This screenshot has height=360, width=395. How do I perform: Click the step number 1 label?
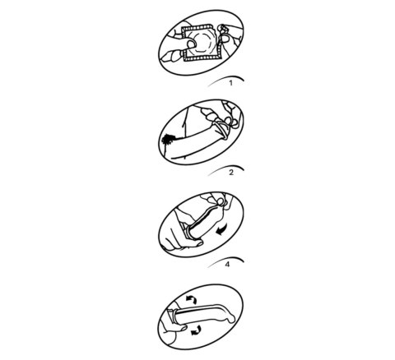[x=230, y=83]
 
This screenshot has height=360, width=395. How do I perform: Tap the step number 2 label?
[x=231, y=173]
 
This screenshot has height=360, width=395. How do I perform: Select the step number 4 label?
[x=227, y=265]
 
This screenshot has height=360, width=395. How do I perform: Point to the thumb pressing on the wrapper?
[x=191, y=44]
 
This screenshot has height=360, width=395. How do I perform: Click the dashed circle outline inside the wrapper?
[x=203, y=42]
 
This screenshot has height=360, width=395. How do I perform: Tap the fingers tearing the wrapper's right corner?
[x=228, y=35]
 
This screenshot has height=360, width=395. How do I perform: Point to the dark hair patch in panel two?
[x=168, y=141]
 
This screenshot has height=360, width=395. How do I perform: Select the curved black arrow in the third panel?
[x=223, y=230]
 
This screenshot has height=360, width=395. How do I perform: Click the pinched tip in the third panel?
[x=221, y=202]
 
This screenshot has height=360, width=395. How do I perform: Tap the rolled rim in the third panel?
[x=189, y=232]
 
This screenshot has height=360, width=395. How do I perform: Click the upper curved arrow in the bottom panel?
[x=192, y=299]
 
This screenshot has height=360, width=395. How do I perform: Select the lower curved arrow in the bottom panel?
[x=197, y=330]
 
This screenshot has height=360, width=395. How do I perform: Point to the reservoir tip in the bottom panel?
[x=232, y=319]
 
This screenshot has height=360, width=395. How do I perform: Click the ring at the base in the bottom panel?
[x=173, y=316]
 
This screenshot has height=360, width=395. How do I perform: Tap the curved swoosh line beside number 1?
[x=225, y=78]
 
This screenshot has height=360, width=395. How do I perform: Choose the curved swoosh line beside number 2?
[x=225, y=168]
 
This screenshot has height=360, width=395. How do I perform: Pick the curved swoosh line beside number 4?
[x=225, y=260]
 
